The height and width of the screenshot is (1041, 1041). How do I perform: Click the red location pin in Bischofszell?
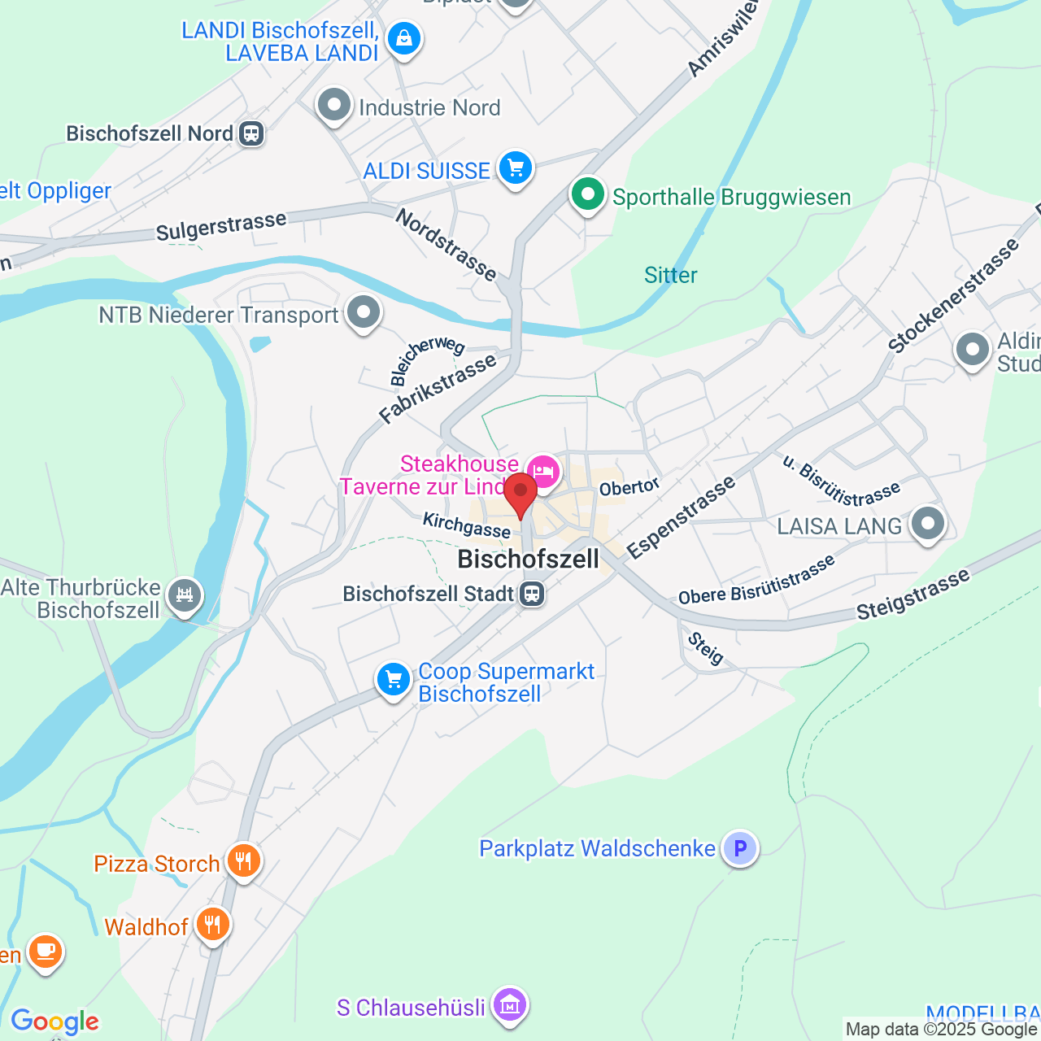click(520, 493)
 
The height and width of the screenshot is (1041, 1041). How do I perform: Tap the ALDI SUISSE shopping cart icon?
click(515, 168)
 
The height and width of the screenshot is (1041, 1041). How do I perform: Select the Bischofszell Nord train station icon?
click(251, 133)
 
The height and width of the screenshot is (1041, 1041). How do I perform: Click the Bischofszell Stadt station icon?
click(532, 594)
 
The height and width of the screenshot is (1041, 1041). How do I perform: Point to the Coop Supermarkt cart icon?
click(394, 678)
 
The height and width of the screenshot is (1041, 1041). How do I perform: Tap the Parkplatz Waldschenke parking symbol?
click(740, 848)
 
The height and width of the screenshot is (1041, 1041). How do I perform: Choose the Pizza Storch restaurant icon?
click(243, 860)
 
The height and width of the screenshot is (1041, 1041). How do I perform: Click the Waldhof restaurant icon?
click(212, 924)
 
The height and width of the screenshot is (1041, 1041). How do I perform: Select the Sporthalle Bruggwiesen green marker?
click(587, 195)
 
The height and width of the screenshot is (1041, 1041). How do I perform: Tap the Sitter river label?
click(670, 275)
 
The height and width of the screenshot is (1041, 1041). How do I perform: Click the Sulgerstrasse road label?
click(221, 226)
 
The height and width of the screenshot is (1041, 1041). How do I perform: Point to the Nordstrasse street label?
click(446, 244)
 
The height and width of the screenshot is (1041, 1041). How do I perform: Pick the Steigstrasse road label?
click(913, 595)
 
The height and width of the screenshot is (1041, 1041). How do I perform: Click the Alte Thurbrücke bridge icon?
click(185, 595)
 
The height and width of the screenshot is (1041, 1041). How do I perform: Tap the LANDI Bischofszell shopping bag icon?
click(403, 38)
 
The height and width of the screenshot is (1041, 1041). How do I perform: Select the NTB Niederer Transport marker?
click(363, 312)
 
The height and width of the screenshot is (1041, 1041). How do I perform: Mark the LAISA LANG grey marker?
click(927, 524)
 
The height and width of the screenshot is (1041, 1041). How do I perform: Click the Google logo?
click(54, 1021)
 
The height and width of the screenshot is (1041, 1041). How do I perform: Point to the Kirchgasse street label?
click(466, 525)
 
